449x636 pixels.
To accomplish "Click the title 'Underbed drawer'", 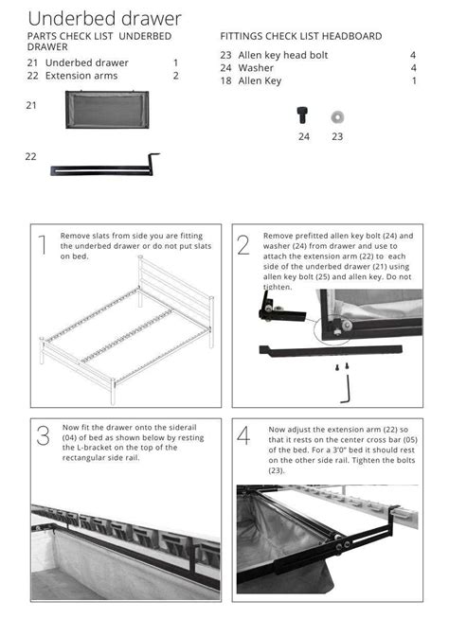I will pyautogui.click(x=104, y=18).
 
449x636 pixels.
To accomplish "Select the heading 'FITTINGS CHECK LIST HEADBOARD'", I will pyautogui.click(x=301, y=36).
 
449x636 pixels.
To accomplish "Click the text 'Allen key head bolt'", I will pyautogui.click(x=282, y=55).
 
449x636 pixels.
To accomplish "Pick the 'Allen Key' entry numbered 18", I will pyautogui.click(x=260, y=81).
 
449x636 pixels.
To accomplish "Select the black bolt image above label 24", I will pyautogui.click(x=303, y=115).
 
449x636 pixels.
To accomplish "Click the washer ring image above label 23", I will pyautogui.click(x=337, y=116).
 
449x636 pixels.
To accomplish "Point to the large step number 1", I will pyautogui.click(x=41, y=246).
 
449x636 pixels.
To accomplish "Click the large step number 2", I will pyautogui.click(x=243, y=246).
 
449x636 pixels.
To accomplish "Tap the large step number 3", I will pyautogui.click(x=43, y=436).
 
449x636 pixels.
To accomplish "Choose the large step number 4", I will pyautogui.click(x=244, y=436).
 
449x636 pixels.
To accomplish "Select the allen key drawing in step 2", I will pyautogui.click(x=348, y=386).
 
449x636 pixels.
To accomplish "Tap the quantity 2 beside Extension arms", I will pyautogui.click(x=175, y=76).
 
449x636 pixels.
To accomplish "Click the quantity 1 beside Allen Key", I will pyautogui.click(x=414, y=81).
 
